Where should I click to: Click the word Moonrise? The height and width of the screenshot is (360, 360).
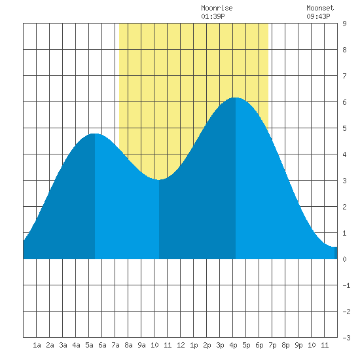coord(217,8)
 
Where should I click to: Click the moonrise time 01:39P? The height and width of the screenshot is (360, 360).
coord(213,16)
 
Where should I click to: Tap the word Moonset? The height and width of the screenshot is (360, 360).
coord(320,8)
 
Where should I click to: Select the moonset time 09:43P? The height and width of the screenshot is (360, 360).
coord(318,16)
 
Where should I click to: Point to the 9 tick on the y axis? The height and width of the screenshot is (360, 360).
coord(344,24)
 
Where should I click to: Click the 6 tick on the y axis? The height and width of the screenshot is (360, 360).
coord(344,102)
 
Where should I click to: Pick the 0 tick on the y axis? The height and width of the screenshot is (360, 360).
coord(344,259)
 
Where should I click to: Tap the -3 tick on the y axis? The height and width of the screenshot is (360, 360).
coord(346,338)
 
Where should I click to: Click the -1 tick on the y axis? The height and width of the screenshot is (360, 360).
coord(346,285)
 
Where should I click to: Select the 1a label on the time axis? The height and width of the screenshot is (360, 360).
coord(37,345)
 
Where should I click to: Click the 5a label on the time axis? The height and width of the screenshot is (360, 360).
coord(89,345)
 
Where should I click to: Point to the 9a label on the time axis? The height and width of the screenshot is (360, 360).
coord(141,345)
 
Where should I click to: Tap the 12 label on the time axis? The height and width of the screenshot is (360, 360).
coord(181,345)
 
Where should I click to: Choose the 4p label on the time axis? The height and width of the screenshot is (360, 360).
coord(233,345)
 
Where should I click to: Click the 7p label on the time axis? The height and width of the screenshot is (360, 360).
coord(272,345)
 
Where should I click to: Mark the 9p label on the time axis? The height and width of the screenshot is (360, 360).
coord(298,345)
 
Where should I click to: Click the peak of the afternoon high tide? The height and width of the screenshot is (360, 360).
coord(236,98)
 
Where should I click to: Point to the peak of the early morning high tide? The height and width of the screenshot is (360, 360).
coord(95,134)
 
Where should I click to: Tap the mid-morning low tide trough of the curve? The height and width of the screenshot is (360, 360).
coord(159,180)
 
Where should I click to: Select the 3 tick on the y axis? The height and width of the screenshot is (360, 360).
coord(344,181)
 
